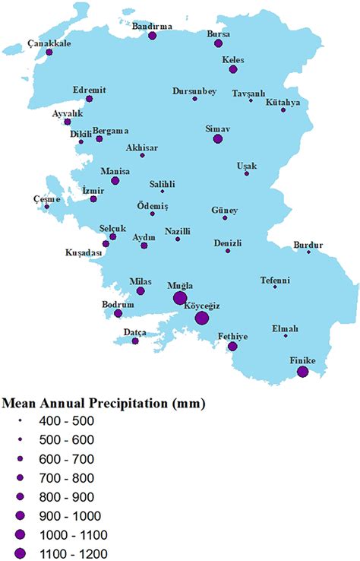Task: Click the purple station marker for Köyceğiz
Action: [x=201, y=318]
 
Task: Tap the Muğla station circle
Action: [x=180, y=298]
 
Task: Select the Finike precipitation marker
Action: [x=302, y=372]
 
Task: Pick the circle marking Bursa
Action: [x=219, y=44]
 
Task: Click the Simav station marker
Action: [x=218, y=139]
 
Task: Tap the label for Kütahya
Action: [x=283, y=102]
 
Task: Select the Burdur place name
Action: [x=308, y=244]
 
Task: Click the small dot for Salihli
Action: [x=162, y=192]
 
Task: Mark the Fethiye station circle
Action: [x=232, y=347]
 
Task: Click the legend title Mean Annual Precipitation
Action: [x=104, y=402]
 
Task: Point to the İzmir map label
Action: [x=92, y=190]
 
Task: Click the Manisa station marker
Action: [x=115, y=181]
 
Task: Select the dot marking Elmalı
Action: [x=286, y=336]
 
